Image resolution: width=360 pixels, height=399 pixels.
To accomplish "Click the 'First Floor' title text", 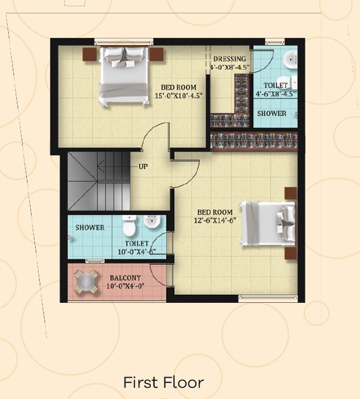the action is point(163,383).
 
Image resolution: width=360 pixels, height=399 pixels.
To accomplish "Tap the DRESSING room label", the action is point(230,59).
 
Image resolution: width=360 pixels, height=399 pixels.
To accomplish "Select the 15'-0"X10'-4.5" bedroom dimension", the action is point(178,96).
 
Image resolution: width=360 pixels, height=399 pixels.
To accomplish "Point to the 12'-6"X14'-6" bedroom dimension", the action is point(215,220).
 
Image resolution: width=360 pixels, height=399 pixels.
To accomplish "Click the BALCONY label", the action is point(125,278).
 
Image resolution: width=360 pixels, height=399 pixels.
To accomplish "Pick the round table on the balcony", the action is point(86,282).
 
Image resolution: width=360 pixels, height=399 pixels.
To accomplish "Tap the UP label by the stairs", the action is point(143,167).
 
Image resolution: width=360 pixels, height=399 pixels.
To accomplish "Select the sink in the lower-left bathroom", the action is point(152,221).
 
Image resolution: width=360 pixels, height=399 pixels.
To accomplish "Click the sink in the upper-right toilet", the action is point(290,59).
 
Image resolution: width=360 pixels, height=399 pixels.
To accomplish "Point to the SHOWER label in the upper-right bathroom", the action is point(272,114).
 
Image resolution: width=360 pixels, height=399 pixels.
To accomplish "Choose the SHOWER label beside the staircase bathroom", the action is point(90,227).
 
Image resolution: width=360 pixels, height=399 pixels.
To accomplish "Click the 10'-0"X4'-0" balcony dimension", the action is point(125,286).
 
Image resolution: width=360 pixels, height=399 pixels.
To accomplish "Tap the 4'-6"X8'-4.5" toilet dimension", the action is point(276,94).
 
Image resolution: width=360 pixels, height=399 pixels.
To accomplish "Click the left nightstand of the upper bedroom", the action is point(89,54).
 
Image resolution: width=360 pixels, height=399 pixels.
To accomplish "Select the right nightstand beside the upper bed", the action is point(156,54).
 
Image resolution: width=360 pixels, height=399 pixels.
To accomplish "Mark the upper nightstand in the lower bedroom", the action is point(291,194).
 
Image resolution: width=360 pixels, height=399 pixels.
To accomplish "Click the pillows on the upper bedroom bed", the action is point(124,57).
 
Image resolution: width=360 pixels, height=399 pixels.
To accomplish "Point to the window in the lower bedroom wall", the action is point(268,298).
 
